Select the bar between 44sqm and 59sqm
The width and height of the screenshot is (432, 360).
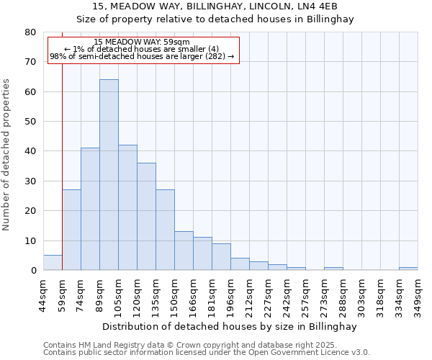click(53, 263)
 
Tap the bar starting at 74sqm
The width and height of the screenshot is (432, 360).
click(90, 209)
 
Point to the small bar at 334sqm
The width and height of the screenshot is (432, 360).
click(408, 269)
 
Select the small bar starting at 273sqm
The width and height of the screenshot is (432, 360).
click(333, 269)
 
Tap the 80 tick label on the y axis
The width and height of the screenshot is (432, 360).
click(30, 32)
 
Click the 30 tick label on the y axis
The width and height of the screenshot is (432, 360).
click(30, 181)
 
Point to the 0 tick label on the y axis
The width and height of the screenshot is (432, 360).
click(33, 270)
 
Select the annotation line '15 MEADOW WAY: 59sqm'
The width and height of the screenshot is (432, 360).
click(142, 42)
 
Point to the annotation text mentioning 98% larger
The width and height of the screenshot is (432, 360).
click(142, 56)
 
